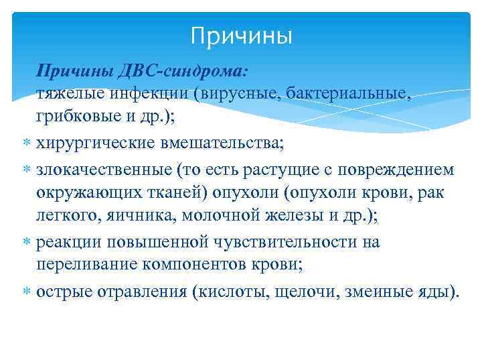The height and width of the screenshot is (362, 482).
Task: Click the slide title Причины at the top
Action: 241,36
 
